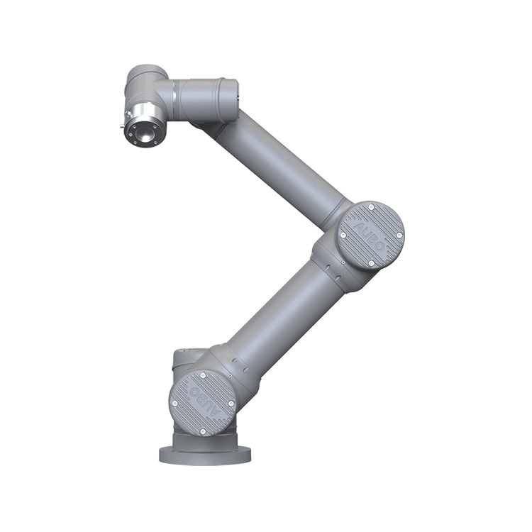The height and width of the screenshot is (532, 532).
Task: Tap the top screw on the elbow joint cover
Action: pyautogui.click(x=371, y=206)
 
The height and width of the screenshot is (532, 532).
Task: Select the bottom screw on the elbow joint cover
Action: pyautogui.click(x=371, y=262)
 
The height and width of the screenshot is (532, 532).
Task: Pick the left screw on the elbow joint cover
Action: pyautogui.click(x=343, y=235)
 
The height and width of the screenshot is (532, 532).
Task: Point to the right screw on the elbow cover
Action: pyautogui.click(x=399, y=235)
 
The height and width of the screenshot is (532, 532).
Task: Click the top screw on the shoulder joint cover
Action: pyautogui.click(x=203, y=375)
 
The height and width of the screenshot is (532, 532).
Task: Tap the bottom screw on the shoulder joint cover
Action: pyautogui.click(x=203, y=431)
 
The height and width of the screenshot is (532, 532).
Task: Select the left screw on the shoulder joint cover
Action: pyautogui.click(x=175, y=404)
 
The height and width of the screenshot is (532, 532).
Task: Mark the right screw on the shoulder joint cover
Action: pyautogui.click(x=231, y=404)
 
